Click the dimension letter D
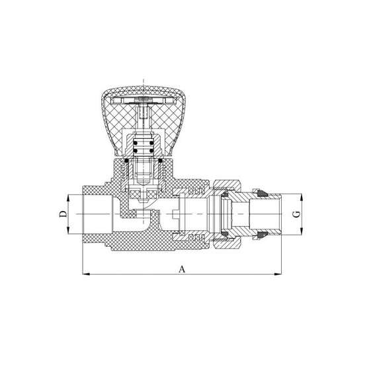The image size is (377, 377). click(x=63, y=214)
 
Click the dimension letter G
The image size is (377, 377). click(x=298, y=214)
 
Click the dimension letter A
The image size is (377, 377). click(x=182, y=269)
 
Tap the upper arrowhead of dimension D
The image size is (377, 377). click(x=68, y=198)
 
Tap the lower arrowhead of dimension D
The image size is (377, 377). click(x=68, y=230)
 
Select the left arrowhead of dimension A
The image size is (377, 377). click(x=87, y=274)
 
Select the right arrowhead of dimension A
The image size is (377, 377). click(x=278, y=274)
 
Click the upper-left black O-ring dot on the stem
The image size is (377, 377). click(x=136, y=143)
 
